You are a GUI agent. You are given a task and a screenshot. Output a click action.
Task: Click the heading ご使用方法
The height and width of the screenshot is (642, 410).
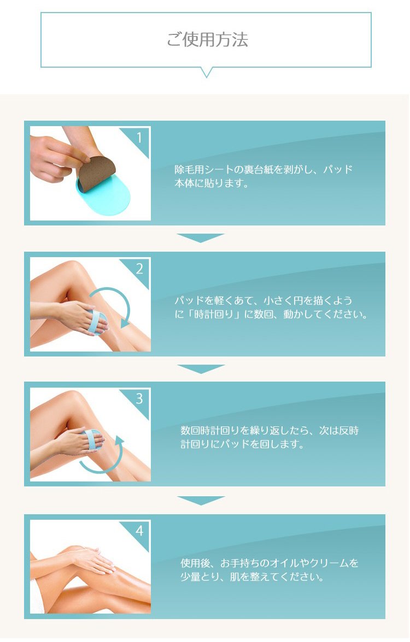pyautogui.click(x=207, y=40)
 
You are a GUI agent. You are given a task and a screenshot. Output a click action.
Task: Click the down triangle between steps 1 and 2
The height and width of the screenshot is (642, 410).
pyautogui.click(x=201, y=237)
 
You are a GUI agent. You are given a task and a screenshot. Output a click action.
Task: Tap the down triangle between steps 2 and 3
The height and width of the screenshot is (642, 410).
pyautogui.click(x=201, y=368)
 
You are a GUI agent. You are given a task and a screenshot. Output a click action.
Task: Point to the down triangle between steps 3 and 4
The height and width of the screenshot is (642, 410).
pyautogui.click(x=201, y=500)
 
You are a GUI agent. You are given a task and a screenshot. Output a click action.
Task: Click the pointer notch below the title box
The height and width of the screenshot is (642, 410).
pyautogui.click(x=207, y=73)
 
